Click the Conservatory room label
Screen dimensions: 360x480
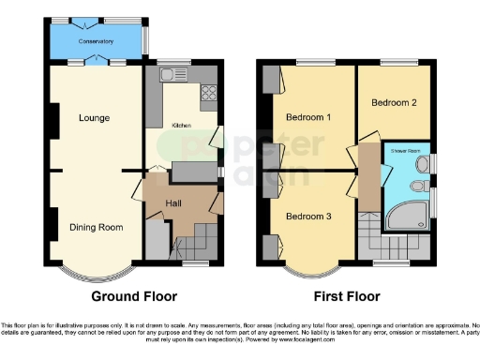[96, 41]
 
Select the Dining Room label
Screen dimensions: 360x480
[97, 227]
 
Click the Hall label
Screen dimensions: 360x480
[174, 203]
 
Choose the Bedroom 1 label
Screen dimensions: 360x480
[308, 117]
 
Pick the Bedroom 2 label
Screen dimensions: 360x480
[394, 102]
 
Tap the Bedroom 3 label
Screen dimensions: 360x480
[308, 217]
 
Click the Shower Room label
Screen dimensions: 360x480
[405, 149]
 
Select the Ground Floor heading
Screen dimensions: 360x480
[133, 296]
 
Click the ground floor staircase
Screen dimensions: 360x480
[198, 246]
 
